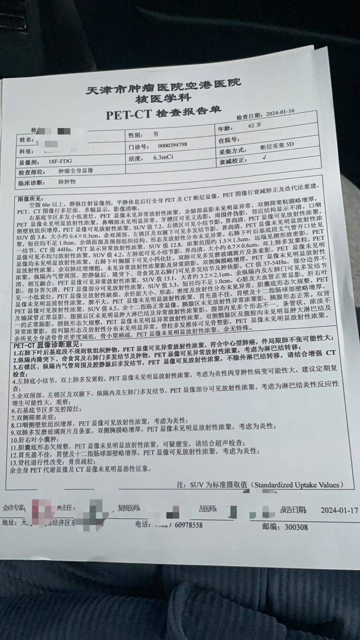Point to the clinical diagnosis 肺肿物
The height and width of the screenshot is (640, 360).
point(67,182)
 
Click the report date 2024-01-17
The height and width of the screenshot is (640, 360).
point(339,509)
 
